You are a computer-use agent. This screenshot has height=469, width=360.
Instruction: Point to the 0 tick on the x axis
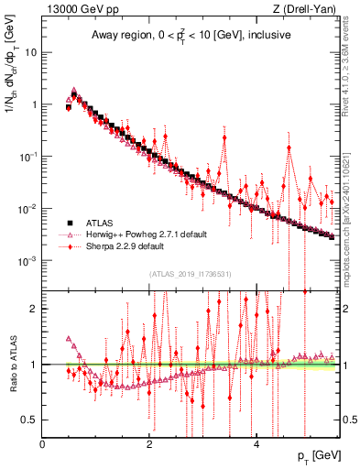click(43, 443)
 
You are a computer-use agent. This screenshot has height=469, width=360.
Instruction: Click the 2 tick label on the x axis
click(149, 443)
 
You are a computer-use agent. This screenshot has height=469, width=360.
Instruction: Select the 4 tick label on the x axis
click(256, 443)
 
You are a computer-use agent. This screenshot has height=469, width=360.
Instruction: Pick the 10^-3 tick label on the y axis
click(27, 261)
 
